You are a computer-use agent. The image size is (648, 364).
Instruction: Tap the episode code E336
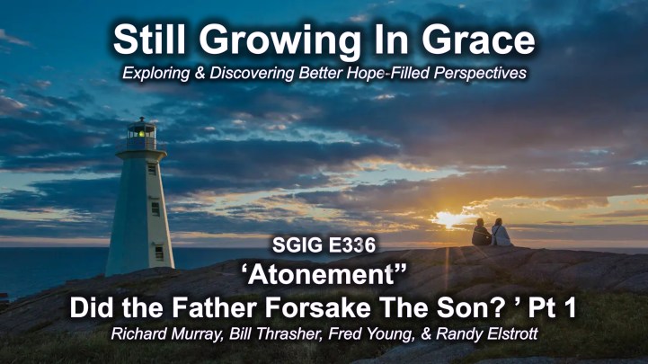pos(352,245)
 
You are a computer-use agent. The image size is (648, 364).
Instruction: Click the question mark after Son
pos(500,307)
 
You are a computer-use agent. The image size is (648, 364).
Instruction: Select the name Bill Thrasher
pos(276,333)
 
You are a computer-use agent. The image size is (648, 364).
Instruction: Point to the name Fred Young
pos(371,333)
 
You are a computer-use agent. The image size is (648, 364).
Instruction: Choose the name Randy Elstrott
pos(487,333)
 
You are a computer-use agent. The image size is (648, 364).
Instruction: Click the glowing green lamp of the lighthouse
pos(141,133)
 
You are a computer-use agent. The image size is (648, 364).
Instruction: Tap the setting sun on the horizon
pos(449,218)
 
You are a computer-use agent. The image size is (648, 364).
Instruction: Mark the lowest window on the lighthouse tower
pos(159,253)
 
